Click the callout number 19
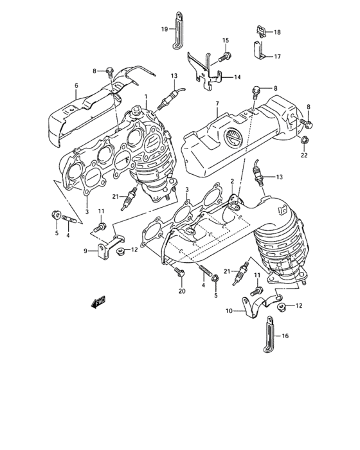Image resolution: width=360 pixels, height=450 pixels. pyautogui.click(x=164, y=29)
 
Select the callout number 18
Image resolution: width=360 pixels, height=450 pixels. pyautogui.click(x=277, y=32)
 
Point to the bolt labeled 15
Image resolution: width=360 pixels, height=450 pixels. pyautogui.click(x=222, y=57)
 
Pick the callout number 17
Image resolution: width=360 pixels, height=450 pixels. pyautogui.click(x=277, y=56)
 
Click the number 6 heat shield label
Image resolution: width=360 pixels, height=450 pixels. pyautogui.click(x=76, y=85)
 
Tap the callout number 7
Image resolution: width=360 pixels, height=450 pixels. pyautogui.click(x=217, y=103)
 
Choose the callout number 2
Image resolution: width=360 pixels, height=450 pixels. pyautogui.click(x=232, y=182)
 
